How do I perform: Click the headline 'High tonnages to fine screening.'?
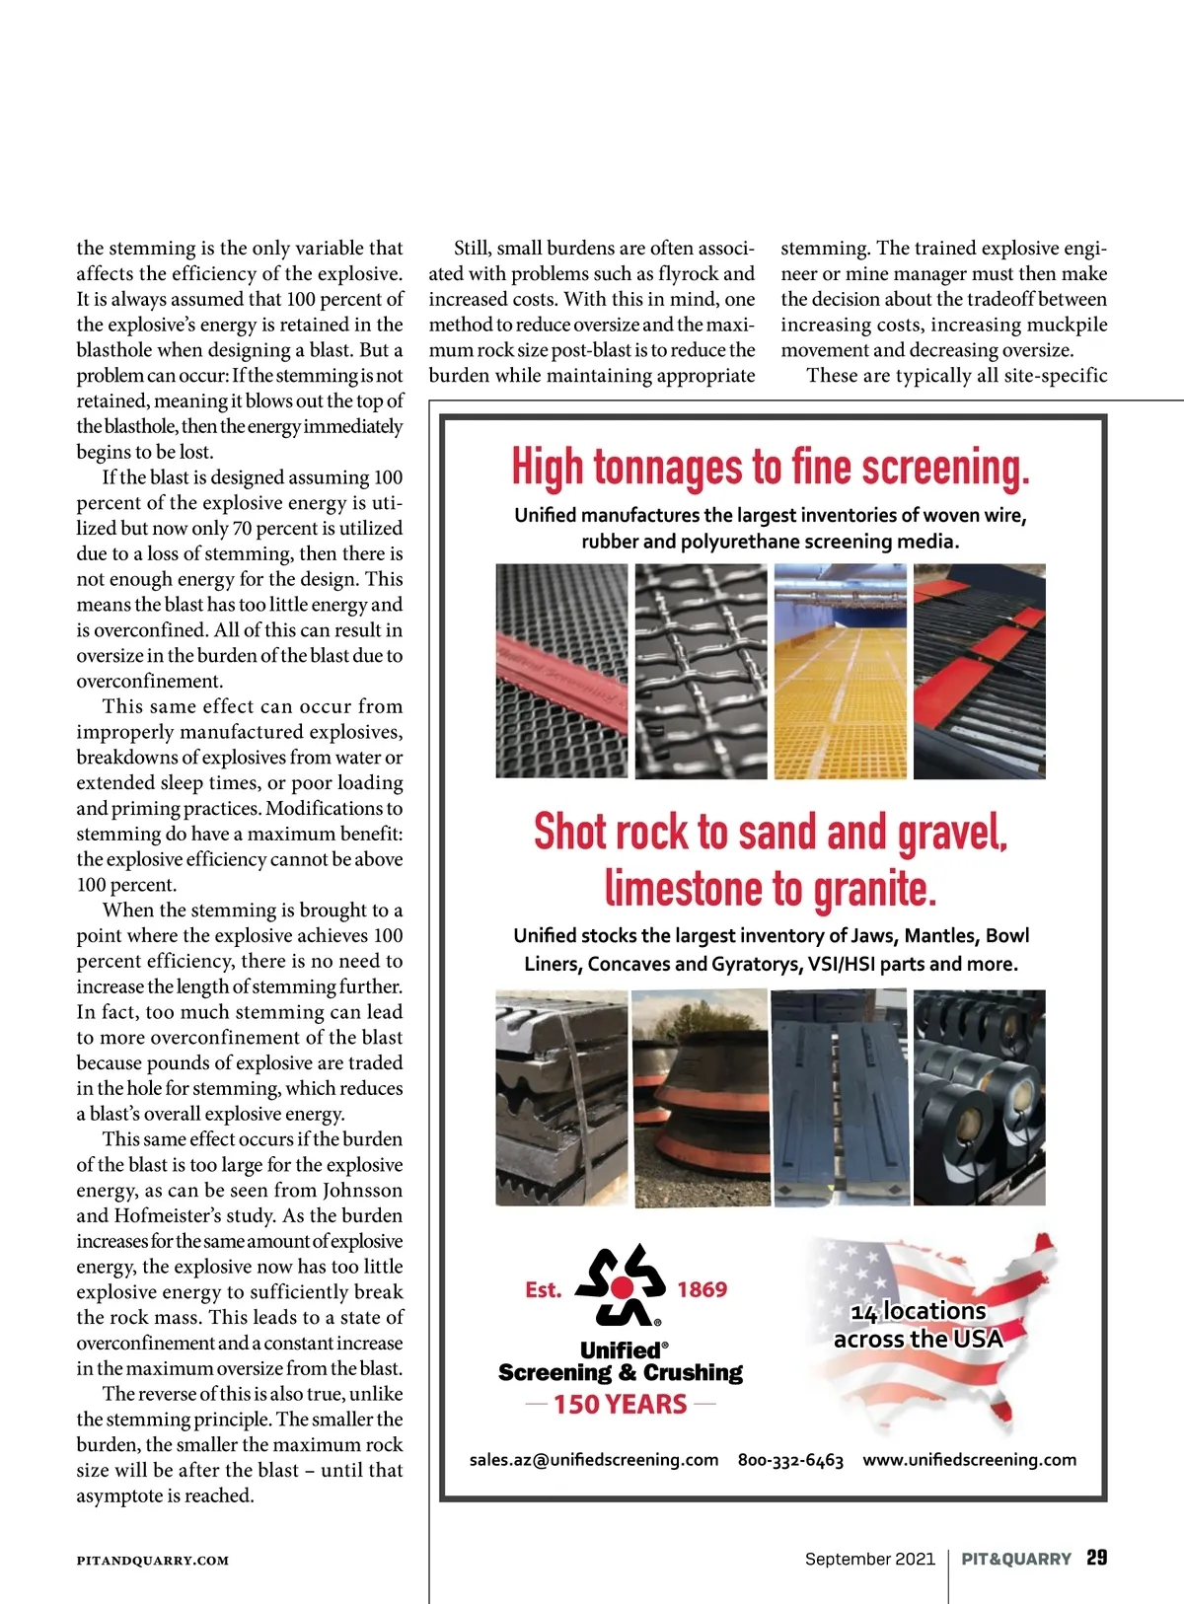tap(771, 468)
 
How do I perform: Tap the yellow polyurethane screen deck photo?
tap(840, 672)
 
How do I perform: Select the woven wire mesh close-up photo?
tap(701, 672)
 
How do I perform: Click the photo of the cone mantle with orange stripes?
tap(700, 1097)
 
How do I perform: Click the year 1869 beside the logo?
tap(702, 1289)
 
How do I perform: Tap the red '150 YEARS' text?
tap(620, 1404)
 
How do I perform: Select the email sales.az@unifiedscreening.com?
tap(594, 1460)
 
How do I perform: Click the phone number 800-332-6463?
tap(790, 1460)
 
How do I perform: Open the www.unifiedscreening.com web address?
tap(969, 1460)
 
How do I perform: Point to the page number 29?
tap(1096, 1558)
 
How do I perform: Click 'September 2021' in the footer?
tap(869, 1559)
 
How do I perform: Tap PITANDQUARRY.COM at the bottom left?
tap(153, 1561)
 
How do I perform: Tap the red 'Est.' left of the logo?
tap(543, 1289)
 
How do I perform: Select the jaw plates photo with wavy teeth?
tap(561, 1097)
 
